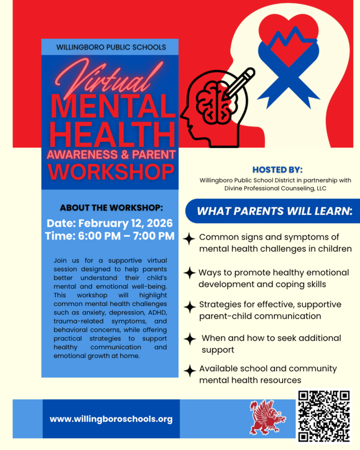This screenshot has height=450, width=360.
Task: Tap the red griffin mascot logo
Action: pos(268,417)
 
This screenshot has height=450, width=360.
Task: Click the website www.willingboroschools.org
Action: pos(111,419)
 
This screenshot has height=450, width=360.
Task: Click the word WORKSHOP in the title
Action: pos(110,172)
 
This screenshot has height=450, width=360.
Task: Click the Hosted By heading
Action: pos(277,169)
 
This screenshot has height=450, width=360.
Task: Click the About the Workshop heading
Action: pos(111,206)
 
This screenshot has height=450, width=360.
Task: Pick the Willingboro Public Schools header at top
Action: pos(111,47)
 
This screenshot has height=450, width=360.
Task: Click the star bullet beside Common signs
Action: pos(190,238)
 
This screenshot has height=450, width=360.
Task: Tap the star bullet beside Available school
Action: pos(190,370)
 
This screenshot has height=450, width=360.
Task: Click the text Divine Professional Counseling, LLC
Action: pos(275,190)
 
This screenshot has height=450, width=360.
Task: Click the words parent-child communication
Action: pos(260,316)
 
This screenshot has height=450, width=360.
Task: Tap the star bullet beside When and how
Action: pos(190,339)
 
